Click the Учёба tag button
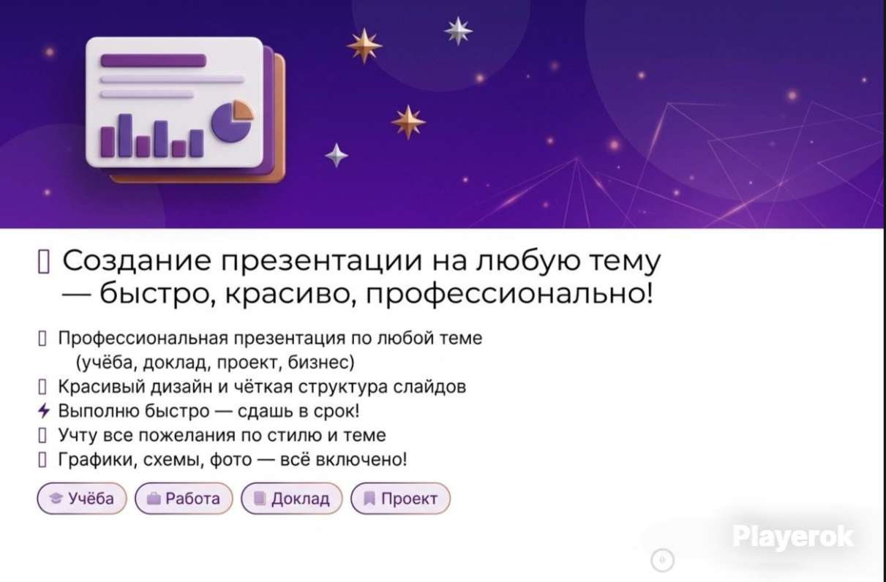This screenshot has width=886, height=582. pyautogui.click(x=82, y=498)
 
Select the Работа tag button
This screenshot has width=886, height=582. pyautogui.click(x=184, y=498)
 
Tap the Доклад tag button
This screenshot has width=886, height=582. pyautogui.click(x=292, y=498)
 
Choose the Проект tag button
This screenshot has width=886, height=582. pyautogui.click(x=401, y=498)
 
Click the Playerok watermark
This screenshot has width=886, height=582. pyautogui.click(x=793, y=537)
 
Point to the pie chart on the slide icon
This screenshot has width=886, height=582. pyautogui.click(x=233, y=121)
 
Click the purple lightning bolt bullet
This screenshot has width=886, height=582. pyautogui.click(x=43, y=411)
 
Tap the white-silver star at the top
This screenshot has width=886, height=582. pyautogui.click(x=458, y=31)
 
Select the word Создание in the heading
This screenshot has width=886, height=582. pyautogui.click(x=137, y=261)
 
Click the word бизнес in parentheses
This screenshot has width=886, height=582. pyautogui.click(x=320, y=362)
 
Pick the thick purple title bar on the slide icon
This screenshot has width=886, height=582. pyautogui.click(x=154, y=61)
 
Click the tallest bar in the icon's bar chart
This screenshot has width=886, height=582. pyautogui.click(x=125, y=135)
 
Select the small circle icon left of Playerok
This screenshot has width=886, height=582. pyautogui.click(x=663, y=560)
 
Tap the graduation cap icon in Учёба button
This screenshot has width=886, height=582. pyautogui.click(x=56, y=499)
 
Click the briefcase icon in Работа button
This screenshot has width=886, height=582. pyautogui.click(x=154, y=499)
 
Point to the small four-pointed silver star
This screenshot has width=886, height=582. pyautogui.click(x=337, y=156)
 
